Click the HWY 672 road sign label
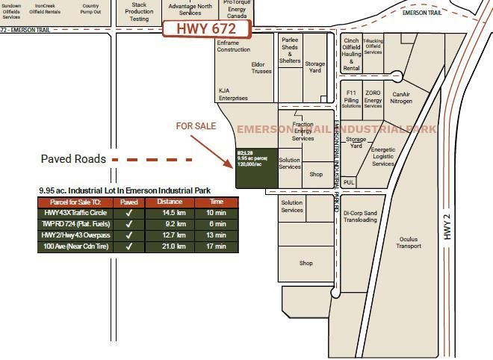pyautogui.click(x=206, y=29)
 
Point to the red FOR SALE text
pyautogui.click(x=196, y=126)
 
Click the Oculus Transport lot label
pyautogui.click(x=409, y=243)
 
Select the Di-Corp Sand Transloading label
pyautogui.click(x=361, y=217)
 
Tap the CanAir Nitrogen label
pyautogui.click(x=401, y=98)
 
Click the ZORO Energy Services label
pyautogui.click(x=373, y=99)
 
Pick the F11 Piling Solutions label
pyautogui.click(x=351, y=99)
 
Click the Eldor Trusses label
pyautogui.click(x=261, y=68)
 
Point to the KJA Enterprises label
pyautogui.click(x=233, y=94)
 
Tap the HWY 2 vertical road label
pyautogui.click(x=447, y=226)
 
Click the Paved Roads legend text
pyautogui.click(x=73, y=159)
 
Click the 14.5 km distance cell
pyautogui.click(x=170, y=213)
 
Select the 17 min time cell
pyautogui.click(x=217, y=246)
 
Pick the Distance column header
pyautogui.click(x=170, y=202)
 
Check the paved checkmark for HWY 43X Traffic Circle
pyautogui.click(x=129, y=213)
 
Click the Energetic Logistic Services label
pyautogui.click(x=383, y=157)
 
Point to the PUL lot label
pyautogui.click(x=349, y=182)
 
